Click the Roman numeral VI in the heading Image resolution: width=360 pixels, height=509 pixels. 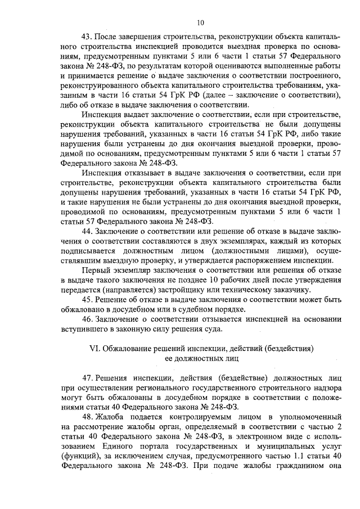95,349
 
